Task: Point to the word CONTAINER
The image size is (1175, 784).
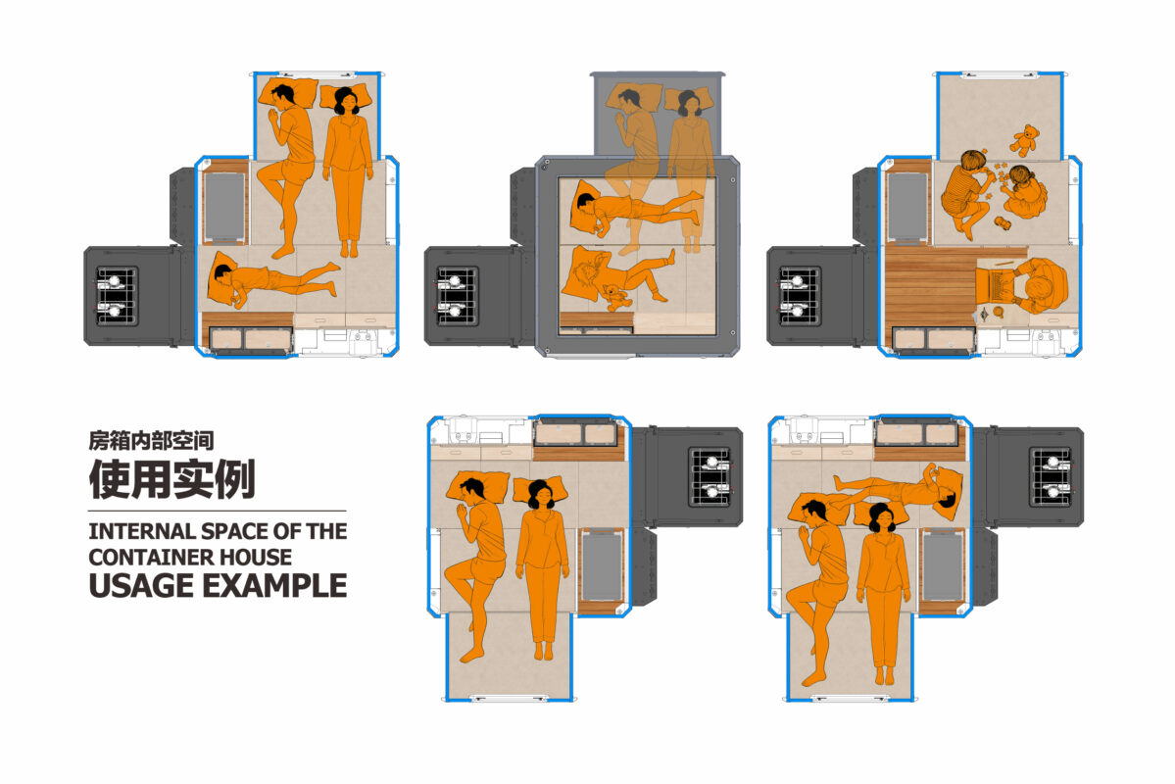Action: (x=140, y=558)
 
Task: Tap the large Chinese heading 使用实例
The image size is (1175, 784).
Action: (x=172, y=479)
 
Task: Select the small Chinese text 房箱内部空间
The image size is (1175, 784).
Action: (x=151, y=441)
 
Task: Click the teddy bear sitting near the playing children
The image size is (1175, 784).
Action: (x=1024, y=140)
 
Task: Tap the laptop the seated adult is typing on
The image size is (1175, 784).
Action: (x=995, y=284)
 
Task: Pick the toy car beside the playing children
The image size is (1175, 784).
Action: (x=1002, y=222)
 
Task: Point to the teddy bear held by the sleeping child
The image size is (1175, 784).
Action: (x=614, y=297)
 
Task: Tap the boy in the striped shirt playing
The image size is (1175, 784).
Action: (x=967, y=192)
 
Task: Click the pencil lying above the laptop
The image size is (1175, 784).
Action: (x=996, y=263)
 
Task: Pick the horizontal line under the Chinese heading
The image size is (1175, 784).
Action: (x=218, y=512)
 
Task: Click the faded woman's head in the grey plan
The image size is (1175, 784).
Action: (x=688, y=103)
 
